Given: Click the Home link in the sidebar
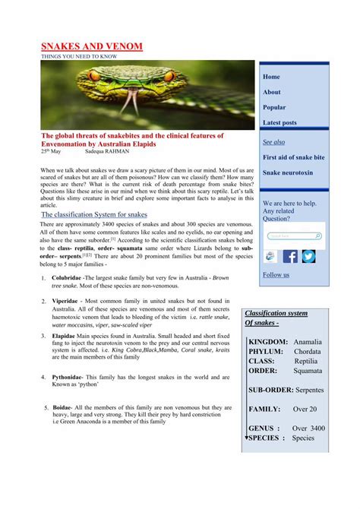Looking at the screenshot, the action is [x=271, y=77].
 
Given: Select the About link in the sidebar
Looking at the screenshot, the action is [x=272, y=92].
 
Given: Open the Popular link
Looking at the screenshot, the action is [x=274, y=107].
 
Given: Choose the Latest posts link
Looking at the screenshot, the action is [x=279, y=122].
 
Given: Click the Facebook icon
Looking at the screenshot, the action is [x=290, y=257].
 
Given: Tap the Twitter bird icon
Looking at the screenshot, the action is [x=308, y=257].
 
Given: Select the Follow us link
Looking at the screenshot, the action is [x=276, y=275].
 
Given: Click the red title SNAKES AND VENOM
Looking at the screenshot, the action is [x=91, y=47].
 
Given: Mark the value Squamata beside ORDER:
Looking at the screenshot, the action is [x=308, y=371].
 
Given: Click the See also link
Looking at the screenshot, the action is [x=274, y=142].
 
